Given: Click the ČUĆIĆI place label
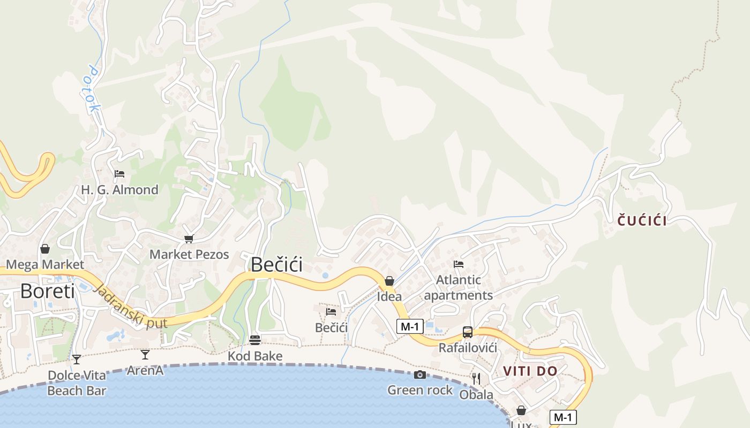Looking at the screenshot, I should coord(642,220).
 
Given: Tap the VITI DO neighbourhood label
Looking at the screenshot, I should coord(530,371).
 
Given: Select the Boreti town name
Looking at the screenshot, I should coord(47,291).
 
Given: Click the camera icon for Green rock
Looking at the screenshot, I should coord(420,374).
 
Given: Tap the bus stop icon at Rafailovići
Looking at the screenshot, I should coord(468,332).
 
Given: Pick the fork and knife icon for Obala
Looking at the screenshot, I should coord(476,379).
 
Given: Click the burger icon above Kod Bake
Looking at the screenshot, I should coord(255,340).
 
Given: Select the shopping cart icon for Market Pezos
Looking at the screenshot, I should coord(188,239).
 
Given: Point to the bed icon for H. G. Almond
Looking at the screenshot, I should coord(119,174).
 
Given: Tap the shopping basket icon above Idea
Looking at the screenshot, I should coord(389,281).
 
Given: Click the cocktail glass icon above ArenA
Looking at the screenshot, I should coord(145,354).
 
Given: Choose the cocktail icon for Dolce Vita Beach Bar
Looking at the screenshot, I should coord(77,359).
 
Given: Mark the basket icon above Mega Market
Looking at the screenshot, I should coord(45,249).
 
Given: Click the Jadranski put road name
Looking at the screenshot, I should coord(130,307).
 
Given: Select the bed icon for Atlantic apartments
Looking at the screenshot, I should coord(458,264).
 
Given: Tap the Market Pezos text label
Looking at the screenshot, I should coord(189,255).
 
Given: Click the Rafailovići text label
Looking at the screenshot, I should coord(468,348).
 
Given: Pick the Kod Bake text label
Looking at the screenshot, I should coord(255,356).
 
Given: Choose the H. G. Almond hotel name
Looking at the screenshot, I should coord(119,190).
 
